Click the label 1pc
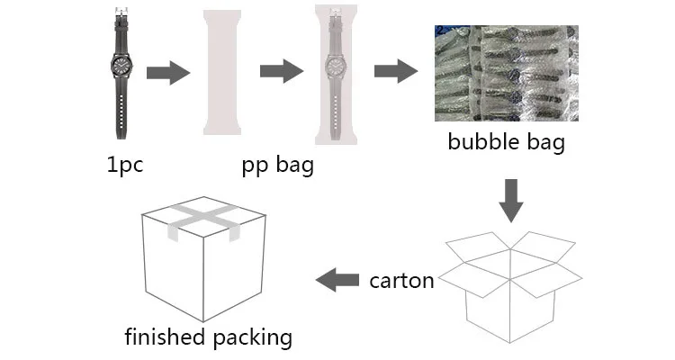[124, 166]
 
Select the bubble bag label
[507, 143]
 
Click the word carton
[401, 280]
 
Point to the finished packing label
[209, 337]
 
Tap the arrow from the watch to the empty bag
[167, 72]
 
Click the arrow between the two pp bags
[280, 72]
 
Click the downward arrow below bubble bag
[511, 200]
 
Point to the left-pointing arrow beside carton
[337, 280]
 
